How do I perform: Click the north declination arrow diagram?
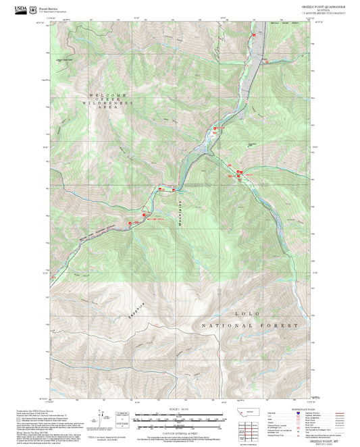(x=101, y=417)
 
